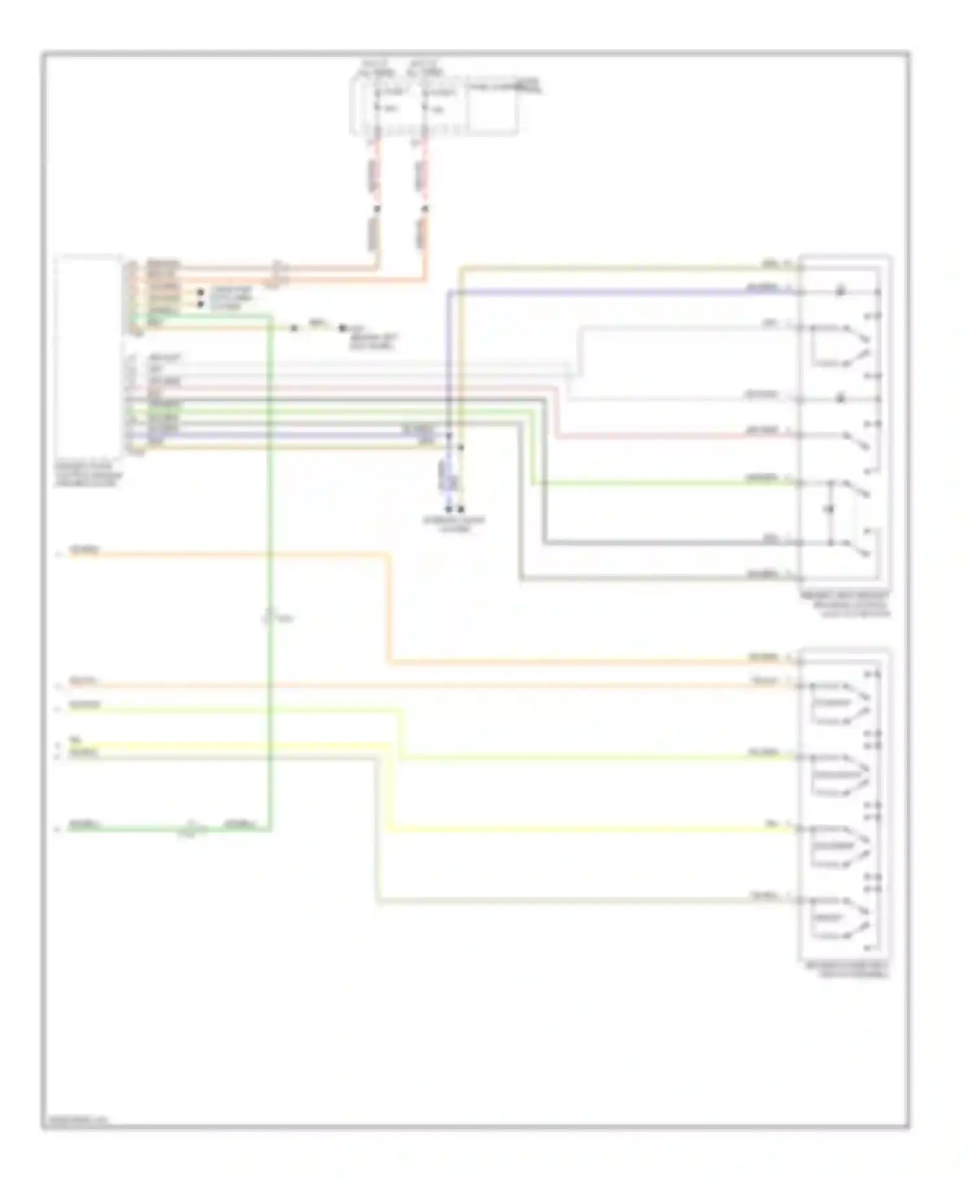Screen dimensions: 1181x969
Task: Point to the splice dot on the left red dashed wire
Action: coord(377,209)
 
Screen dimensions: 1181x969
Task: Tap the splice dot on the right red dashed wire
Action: coord(424,209)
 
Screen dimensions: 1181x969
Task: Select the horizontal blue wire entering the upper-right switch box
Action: coord(614,293)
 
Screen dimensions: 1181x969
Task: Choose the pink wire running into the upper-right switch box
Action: coord(672,437)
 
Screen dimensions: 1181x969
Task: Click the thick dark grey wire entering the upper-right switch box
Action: coord(665,543)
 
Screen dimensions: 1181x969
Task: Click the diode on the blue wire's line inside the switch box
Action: coord(840,292)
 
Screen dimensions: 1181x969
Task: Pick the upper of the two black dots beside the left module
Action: coord(201,293)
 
